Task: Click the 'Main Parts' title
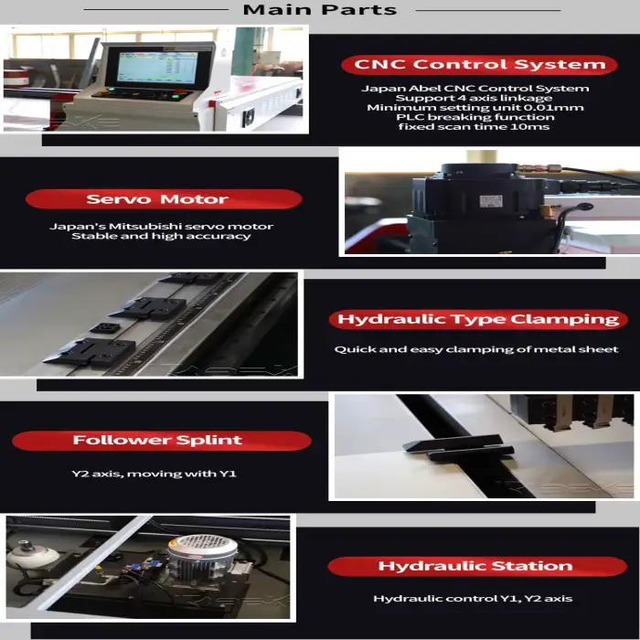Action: pos(320,9)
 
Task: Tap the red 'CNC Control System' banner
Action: pos(479,65)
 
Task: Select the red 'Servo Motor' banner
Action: pos(164,199)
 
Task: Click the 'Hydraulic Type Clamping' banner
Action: pos(478,319)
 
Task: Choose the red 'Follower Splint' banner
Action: pos(162,441)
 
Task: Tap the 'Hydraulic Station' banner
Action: pos(477,566)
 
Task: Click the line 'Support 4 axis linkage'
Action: pos(474,98)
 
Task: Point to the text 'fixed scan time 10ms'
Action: pos(474,126)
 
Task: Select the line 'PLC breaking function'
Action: pos(475,117)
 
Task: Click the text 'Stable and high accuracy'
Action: pos(161,236)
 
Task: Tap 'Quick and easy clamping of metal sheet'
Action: pos(476,349)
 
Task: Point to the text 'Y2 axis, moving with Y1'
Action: pos(155,474)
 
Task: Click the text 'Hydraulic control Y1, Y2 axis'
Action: pos(473,599)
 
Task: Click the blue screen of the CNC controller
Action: pos(157,68)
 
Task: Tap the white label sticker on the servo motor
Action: pos(491,201)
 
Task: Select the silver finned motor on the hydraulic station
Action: pos(202,556)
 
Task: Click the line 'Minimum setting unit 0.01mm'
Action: pos(475,108)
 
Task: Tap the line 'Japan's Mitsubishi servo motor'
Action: pos(161,226)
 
